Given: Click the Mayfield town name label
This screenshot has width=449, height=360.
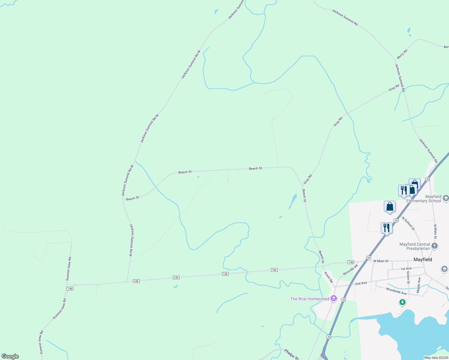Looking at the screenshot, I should point(423,259).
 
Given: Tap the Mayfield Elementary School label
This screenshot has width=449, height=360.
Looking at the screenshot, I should point(424,199).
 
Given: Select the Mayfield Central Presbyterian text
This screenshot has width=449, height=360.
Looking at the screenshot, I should point(415,246).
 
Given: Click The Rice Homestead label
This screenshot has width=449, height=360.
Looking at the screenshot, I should point(309,299).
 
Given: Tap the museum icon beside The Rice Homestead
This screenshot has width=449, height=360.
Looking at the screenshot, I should point(333,299).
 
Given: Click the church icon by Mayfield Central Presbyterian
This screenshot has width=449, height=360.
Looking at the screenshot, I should point(435,246).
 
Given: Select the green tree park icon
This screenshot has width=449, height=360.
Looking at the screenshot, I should point(402,302).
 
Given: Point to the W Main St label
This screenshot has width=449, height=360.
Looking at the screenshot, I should point(381,261).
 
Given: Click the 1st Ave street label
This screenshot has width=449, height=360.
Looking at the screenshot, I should point(406,268).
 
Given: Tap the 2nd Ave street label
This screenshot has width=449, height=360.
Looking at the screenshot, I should point(361,283).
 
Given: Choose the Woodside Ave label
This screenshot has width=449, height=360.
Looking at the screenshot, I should point(396,291).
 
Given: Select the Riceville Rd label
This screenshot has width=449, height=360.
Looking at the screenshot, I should point(351,270).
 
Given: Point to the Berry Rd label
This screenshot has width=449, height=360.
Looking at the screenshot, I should point(402,54).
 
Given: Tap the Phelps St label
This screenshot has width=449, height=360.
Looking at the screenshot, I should point(291,354).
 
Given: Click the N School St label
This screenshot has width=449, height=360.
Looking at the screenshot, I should point(408,223).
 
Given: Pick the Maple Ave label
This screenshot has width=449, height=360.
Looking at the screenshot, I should point(419,285).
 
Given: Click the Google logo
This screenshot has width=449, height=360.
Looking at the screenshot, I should point(10,356).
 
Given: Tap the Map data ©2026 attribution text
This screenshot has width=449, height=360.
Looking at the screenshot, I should point(435,358).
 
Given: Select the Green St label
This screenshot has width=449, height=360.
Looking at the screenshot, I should point(408,277).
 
